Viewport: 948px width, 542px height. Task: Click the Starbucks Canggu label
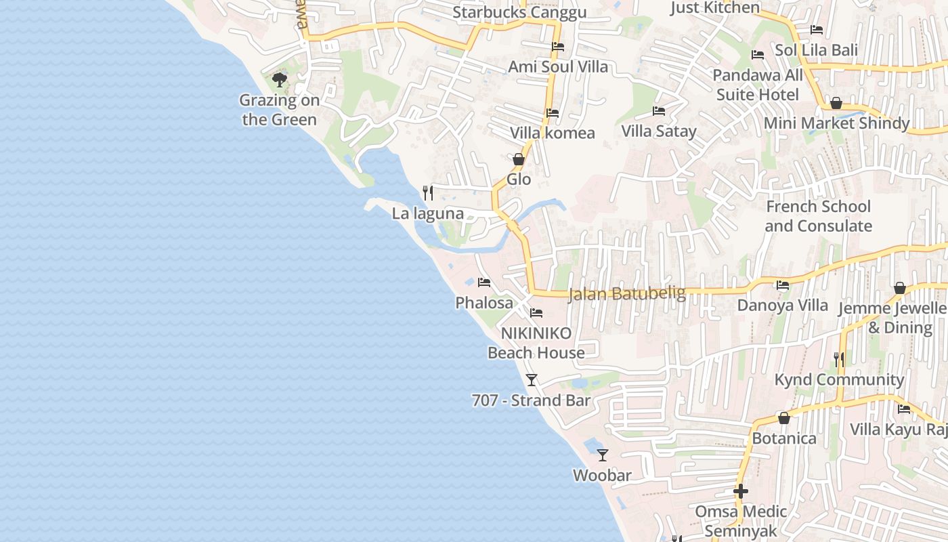tap(519, 12)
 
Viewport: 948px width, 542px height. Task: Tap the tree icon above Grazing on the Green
tap(279, 81)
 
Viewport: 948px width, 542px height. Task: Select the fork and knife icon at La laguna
tap(428, 193)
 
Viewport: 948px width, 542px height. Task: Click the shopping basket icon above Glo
tap(519, 159)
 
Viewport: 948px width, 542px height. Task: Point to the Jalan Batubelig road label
tap(627, 293)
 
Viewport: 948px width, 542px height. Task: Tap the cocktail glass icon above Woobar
tap(603, 455)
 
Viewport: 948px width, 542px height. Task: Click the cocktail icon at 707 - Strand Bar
tap(532, 380)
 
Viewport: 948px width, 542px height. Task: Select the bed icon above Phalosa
tap(483, 282)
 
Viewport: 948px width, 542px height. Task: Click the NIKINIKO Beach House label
tap(536, 343)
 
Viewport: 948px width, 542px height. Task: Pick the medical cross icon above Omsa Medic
tap(741, 491)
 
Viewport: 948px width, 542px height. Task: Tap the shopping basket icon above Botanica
tap(784, 418)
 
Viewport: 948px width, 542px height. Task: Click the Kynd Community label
tap(839, 379)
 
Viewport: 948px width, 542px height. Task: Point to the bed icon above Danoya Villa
tap(783, 285)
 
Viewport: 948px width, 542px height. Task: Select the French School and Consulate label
tap(819, 216)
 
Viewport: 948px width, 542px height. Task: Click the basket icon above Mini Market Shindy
tap(836, 103)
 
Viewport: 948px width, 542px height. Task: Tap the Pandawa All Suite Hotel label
tap(758, 85)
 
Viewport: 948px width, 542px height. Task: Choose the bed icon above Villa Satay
tap(659, 111)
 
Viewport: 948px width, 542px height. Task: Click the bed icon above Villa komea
tap(553, 113)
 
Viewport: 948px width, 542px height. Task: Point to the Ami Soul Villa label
tap(558, 66)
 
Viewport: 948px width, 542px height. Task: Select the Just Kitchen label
tap(715, 7)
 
